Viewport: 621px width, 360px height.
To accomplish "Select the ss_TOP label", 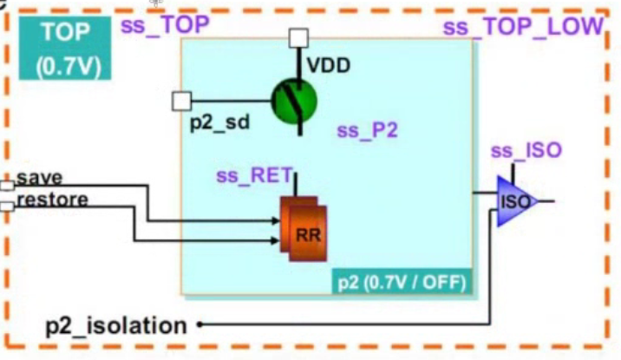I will point(164,24).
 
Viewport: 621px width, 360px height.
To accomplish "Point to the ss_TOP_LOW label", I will point(521,26).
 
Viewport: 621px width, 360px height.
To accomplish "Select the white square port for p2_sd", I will point(181,101).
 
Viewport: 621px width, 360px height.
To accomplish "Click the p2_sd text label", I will point(219,122).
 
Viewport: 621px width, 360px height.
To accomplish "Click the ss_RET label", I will point(253,174).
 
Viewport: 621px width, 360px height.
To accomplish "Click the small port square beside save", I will point(7,186).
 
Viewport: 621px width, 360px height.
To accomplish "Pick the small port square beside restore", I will point(7,206).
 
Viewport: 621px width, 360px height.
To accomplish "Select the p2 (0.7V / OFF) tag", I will point(402,282).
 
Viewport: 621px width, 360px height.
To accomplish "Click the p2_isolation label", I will point(116,326).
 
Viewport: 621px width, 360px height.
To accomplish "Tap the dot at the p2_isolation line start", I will point(199,326).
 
